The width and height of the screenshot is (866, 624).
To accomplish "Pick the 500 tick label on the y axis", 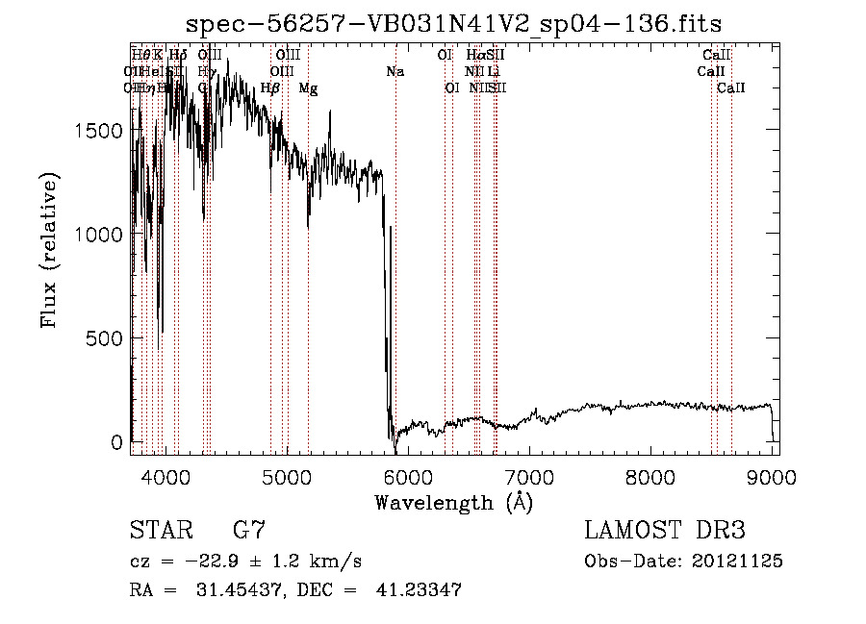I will tap(105, 338).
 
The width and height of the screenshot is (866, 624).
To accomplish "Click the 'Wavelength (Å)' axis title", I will tap(453, 503).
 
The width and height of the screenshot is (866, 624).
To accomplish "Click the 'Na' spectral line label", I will tap(395, 72).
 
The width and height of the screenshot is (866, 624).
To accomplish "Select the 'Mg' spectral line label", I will tap(308, 88).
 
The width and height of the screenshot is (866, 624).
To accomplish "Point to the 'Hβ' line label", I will tap(270, 88).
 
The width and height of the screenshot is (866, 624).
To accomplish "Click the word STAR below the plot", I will tap(161, 531).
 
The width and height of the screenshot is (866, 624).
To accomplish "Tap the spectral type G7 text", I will tap(248, 531).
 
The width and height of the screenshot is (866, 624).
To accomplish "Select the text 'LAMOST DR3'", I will tap(664, 531).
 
